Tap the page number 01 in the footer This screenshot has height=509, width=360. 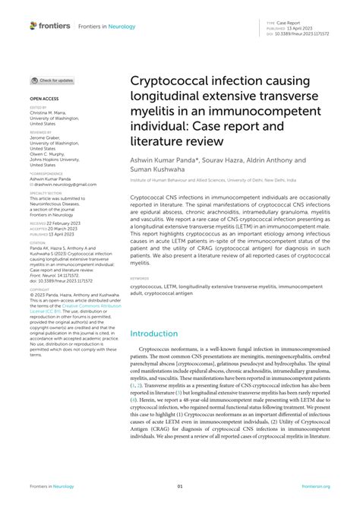pos(180,486)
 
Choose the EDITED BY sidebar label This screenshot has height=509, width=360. pos(38,108)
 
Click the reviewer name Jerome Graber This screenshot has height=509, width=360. pos(46,137)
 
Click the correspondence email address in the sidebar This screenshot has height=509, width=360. pos(58,184)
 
